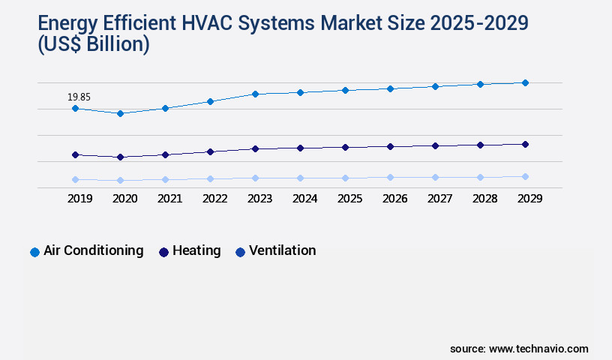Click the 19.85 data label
79,97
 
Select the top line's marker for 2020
120,113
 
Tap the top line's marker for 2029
525,82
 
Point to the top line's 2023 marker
255,94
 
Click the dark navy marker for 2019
75,154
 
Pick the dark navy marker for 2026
390,146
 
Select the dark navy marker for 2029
525,144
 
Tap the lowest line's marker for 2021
165,179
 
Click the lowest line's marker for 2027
435,177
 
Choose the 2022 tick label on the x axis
214,199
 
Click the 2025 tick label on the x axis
349,199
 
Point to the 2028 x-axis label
484,199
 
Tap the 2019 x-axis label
79,199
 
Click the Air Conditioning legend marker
34,252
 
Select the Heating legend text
196,250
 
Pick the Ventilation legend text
282,250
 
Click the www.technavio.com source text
538,349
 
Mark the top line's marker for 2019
75,108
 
